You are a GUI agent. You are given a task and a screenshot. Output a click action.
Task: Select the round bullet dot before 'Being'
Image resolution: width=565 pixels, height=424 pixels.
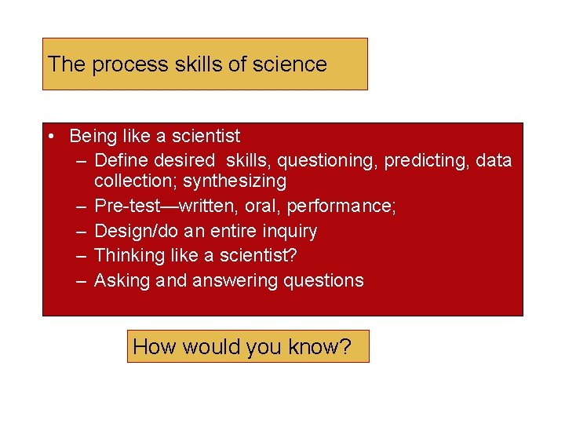[50, 137]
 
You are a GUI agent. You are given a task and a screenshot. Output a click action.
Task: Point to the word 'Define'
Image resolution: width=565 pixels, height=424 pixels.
[120, 161]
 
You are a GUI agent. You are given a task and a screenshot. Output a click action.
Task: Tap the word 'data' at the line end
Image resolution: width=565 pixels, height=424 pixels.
[494, 161]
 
